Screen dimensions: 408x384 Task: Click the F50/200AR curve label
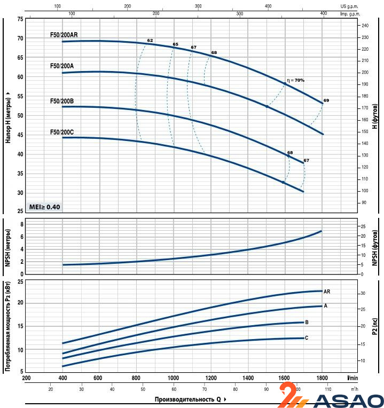click(x=64, y=35)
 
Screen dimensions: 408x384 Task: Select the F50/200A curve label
click(x=62, y=66)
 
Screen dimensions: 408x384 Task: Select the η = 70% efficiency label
click(x=295, y=80)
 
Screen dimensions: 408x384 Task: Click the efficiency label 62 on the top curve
click(x=150, y=41)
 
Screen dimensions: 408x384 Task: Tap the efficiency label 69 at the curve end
click(x=326, y=101)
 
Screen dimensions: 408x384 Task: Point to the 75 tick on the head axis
click(x=20, y=19)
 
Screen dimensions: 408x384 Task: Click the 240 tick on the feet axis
click(x=365, y=26)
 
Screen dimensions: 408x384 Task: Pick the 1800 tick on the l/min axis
click(x=322, y=378)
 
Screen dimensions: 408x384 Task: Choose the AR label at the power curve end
click(x=327, y=292)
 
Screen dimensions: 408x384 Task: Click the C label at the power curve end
click(x=307, y=338)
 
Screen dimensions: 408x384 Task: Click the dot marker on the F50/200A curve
click(x=267, y=107)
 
